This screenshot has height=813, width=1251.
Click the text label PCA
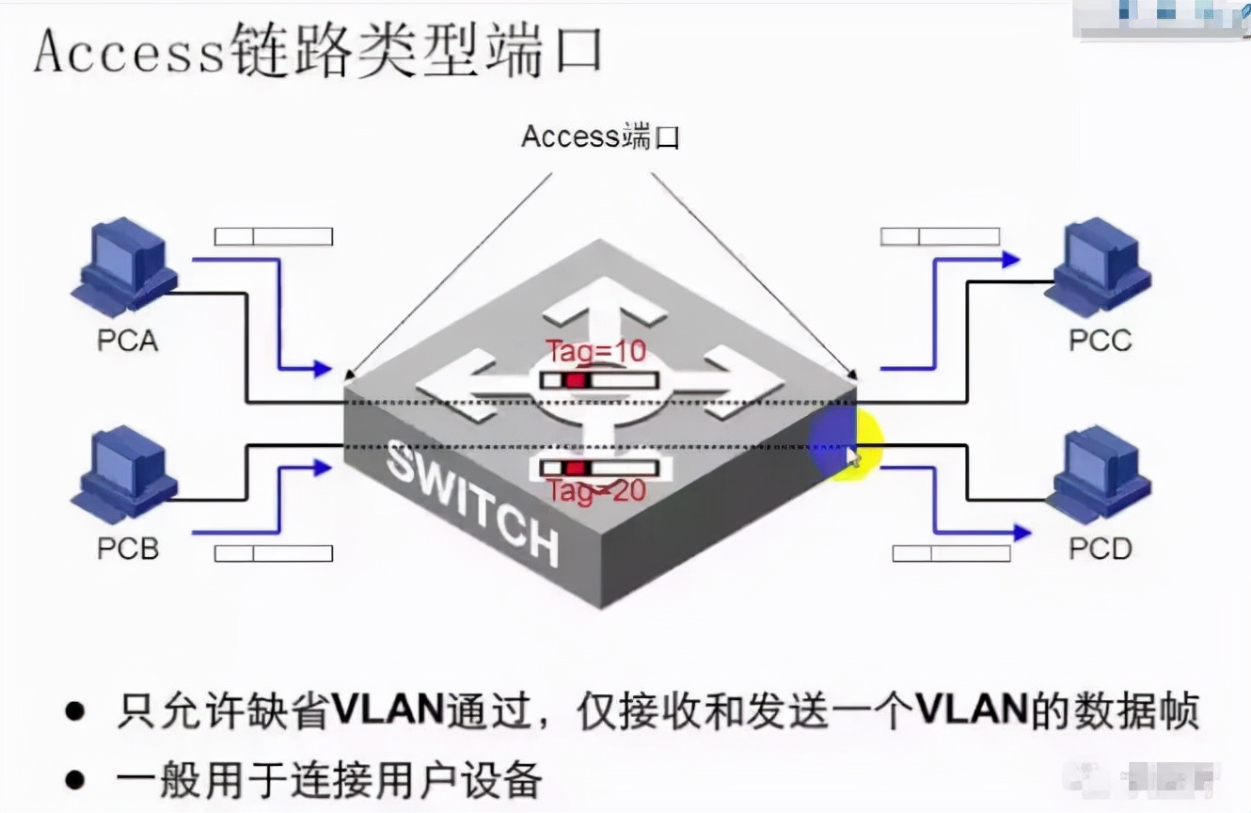point(128,340)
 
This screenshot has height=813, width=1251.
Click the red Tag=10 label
point(596,352)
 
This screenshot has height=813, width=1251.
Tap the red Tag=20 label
point(596,491)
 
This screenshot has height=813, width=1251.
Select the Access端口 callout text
point(600,137)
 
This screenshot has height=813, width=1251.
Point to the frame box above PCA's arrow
point(273,236)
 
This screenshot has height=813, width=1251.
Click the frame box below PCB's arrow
point(273,553)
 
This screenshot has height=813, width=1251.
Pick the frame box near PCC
point(940,236)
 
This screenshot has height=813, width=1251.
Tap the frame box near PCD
point(951,553)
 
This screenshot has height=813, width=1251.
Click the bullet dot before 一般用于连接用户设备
point(75,780)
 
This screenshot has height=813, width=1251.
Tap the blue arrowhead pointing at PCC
point(1011,260)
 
